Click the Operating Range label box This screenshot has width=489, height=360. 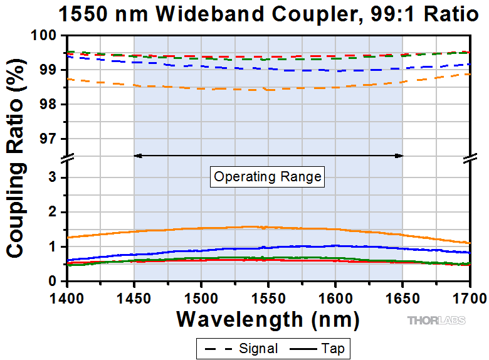click(268, 177)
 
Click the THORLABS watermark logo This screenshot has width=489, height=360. click(437, 320)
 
